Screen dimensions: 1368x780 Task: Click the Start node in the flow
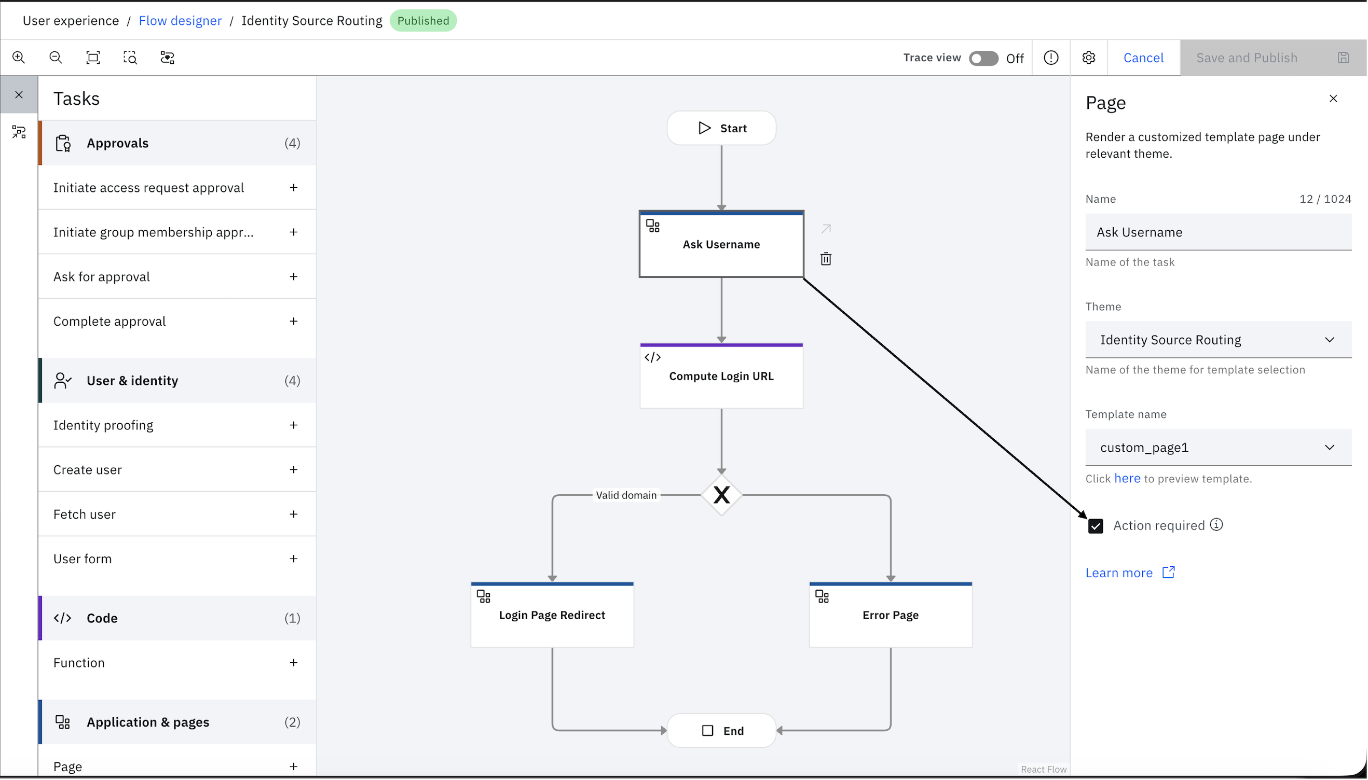pyautogui.click(x=721, y=128)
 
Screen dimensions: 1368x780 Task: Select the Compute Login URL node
pyautogui.click(x=721, y=375)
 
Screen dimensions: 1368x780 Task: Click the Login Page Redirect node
pyautogui.click(x=552, y=615)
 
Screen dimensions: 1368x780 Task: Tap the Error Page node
pyautogui.click(x=891, y=615)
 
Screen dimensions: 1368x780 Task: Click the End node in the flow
pyautogui.click(x=721, y=731)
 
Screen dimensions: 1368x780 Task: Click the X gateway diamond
pyautogui.click(x=721, y=495)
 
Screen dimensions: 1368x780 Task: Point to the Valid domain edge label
pyautogui.click(x=626, y=495)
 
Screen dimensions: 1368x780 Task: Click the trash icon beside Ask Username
pyautogui.click(x=826, y=259)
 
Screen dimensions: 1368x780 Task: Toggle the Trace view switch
pyautogui.click(x=983, y=58)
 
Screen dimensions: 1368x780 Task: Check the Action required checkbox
pyautogui.click(x=1096, y=526)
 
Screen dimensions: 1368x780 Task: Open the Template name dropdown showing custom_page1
pyautogui.click(x=1218, y=448)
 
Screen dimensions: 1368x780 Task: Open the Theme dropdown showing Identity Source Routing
pyautogui.click(x=1218, y=340)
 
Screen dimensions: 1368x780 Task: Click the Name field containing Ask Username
pyautogui.click(x=1218, y=232)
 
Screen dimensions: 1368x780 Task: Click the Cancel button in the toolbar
pyautogui.click(x=1143, y=58)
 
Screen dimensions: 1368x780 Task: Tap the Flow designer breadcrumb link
pyautogui.click(x=180, y=20)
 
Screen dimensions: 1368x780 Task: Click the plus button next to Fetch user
pyautogui.click(x=293, y=514)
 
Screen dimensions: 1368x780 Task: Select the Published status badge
pyautogui.click(x=423, y=20)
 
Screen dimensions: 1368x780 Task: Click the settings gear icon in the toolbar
pyautogui.click(x=1088, y=58)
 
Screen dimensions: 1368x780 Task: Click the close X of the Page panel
pyautogui.click(x=1333, y=99)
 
